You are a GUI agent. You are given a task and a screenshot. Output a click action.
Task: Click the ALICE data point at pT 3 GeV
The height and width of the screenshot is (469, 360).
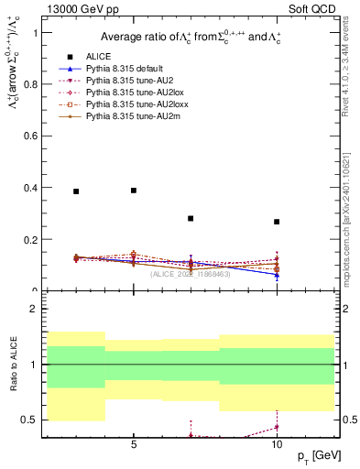coord(76,191)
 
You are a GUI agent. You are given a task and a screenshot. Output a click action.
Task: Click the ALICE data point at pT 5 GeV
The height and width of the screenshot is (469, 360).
coord(134,191)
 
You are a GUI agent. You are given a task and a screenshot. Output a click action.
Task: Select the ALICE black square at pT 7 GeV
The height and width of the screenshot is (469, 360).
coord(191,219)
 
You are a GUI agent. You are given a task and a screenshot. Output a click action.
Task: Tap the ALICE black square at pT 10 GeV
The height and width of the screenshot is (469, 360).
coord(277,222)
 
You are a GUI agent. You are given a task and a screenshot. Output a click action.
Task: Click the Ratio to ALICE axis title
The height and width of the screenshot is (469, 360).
coord(13,364)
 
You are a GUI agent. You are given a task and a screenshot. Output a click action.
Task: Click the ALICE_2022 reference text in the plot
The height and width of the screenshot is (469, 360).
coord(191,274)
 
